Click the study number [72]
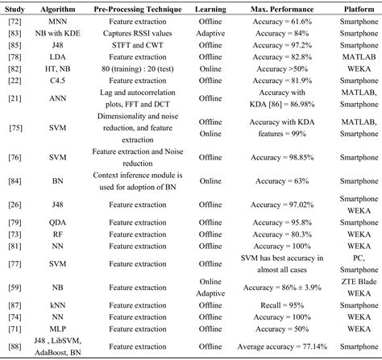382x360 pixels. click(15, 22)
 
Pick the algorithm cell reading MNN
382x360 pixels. click(57, 22)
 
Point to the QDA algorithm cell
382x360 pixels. click(57, 221)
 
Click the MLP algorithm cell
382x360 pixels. click(57, 330)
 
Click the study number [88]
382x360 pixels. click(15, 347)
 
